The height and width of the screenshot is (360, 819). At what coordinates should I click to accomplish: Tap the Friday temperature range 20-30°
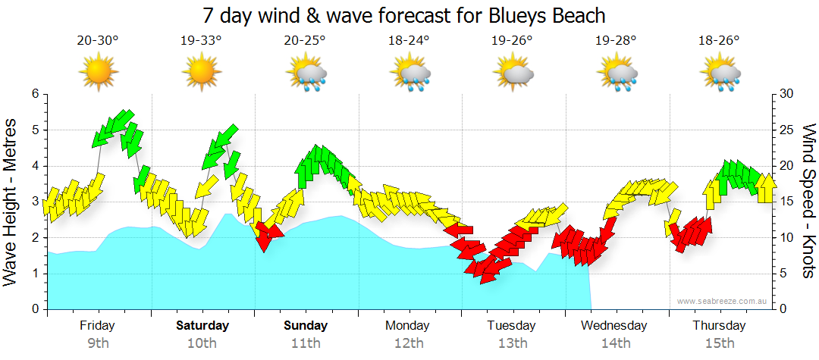pyautogui.click(x=98, y=40)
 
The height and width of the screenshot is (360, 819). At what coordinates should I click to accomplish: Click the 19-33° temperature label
pyautogui.click(x=202, y=40)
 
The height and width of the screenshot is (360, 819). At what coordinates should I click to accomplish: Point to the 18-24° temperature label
pyautogui.click(x=409, y=40)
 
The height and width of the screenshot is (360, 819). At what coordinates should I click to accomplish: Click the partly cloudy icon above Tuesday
pyautogui.click(x=513, y=73)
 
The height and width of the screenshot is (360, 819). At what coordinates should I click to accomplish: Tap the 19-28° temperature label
pyautogui.click(x=616, y=40)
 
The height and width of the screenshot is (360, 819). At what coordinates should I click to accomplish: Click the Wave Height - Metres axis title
pyautogui.click(x=11, y=202)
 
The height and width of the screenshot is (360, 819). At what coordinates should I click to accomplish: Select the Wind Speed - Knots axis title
pyautogui.click(x=808, y=202)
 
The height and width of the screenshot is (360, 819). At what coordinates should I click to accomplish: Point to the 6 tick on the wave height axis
pyautogui.click(x=35, y=94)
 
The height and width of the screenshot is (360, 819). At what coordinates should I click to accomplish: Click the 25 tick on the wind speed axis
pyautogui.click(x=787, y=130)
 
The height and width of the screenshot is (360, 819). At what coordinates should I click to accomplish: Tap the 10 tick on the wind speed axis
pyautogui.click(x=787, y=238)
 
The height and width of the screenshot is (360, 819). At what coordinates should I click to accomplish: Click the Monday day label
pyautogui.click(x=408, y=326)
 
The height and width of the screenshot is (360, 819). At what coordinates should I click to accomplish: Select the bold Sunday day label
pyautogui.click(x=306, y=326)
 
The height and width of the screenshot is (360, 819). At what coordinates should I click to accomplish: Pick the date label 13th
pyautogui.click(x=513, y=343)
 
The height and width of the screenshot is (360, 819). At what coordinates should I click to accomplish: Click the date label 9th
pyautogui.click(x=98, y=343)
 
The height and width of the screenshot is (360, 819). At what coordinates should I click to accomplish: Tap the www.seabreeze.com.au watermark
pyautogui.click(x=723, y=301)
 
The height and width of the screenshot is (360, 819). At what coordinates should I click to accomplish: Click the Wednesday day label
pyautogui.click(x=614, y=326)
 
